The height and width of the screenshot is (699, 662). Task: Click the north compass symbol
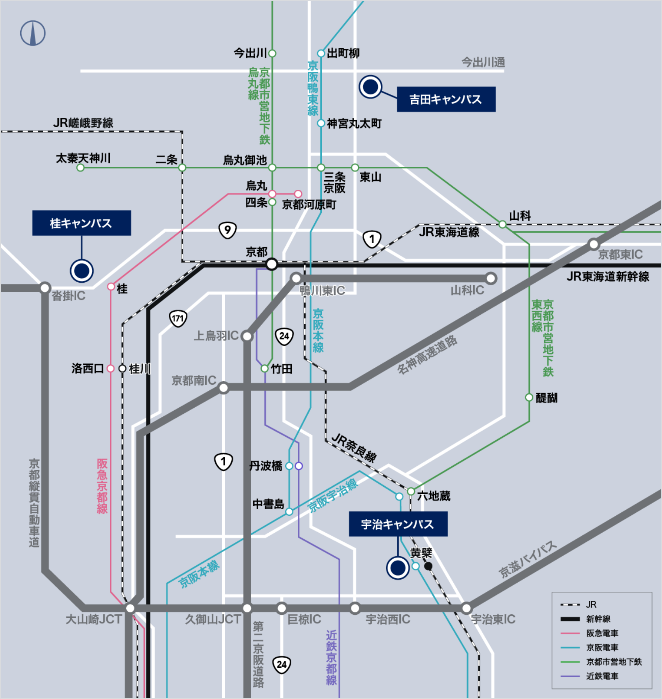click(33, 33)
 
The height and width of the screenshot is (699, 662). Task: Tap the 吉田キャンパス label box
click(446, 99)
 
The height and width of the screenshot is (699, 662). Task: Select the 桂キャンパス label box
click(82, 223)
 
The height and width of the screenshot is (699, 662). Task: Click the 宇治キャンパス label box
click(398, 524)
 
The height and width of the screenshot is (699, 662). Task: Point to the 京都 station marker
click(271, 264)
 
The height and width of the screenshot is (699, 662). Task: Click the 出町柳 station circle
click(321, 53)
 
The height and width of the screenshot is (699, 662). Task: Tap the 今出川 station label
click(250, 53)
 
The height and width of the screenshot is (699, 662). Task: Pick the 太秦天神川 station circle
click(80, 168)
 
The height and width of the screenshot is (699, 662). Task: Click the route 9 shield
click(227, 230)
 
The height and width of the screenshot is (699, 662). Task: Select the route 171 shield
click(178, 318)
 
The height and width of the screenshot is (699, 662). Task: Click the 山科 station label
click(520, 216)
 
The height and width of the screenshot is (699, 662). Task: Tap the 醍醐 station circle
click(529, 397)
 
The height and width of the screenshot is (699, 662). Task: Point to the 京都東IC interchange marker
click(594, 244)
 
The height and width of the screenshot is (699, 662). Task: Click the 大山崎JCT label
click(94, 619)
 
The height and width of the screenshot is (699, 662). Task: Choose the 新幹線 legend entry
click(598, 619)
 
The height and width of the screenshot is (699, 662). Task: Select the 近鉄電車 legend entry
click(601, 676)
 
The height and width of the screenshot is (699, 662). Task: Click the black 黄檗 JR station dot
click(428, 566)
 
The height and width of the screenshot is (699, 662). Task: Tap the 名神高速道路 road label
click(427, 355)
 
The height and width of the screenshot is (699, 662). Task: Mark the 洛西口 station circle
click(111, 369)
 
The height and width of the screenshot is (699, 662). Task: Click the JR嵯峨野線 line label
click(83, 123)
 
